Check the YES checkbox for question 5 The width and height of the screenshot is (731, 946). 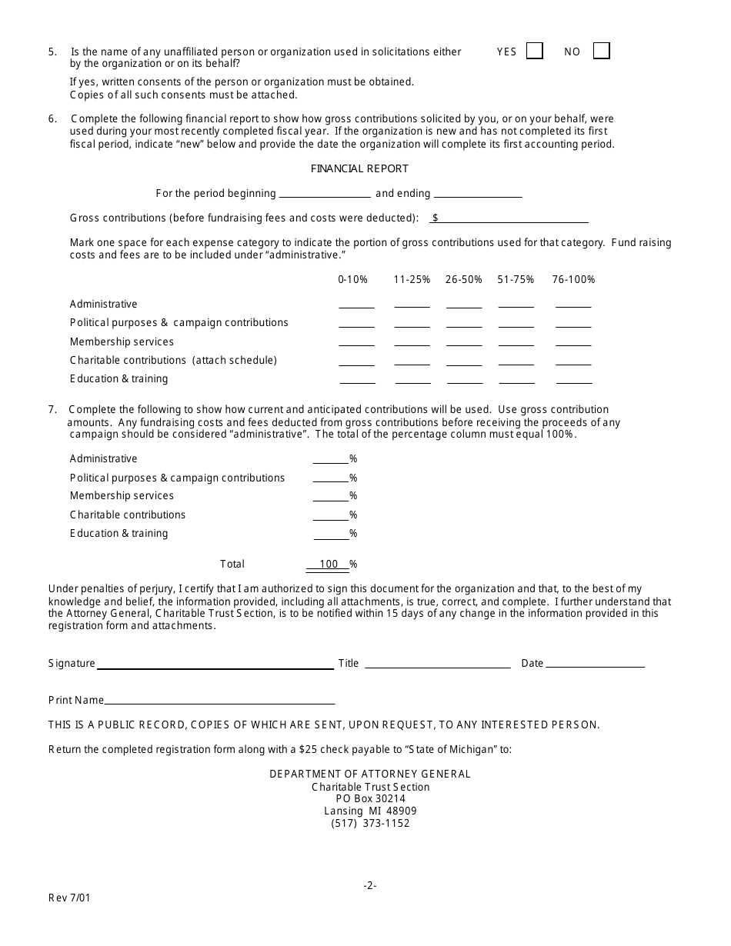(x=535, y=51)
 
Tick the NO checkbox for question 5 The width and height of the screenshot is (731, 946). (x=602, y=51)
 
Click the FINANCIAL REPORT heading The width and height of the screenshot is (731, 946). (x=359, y=168)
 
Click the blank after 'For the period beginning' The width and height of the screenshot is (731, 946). (x=324, y=193)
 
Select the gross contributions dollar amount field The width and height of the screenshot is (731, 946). (x=513, y=218)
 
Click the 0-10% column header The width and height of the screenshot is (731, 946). (x=352, y=279)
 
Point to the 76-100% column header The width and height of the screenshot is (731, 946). (x=573, y=279)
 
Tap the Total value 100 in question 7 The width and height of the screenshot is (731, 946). (x=329, y=564)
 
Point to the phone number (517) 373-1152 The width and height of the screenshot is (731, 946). (x=370, y=823)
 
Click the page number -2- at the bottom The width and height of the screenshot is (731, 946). (x=370, y=885)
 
